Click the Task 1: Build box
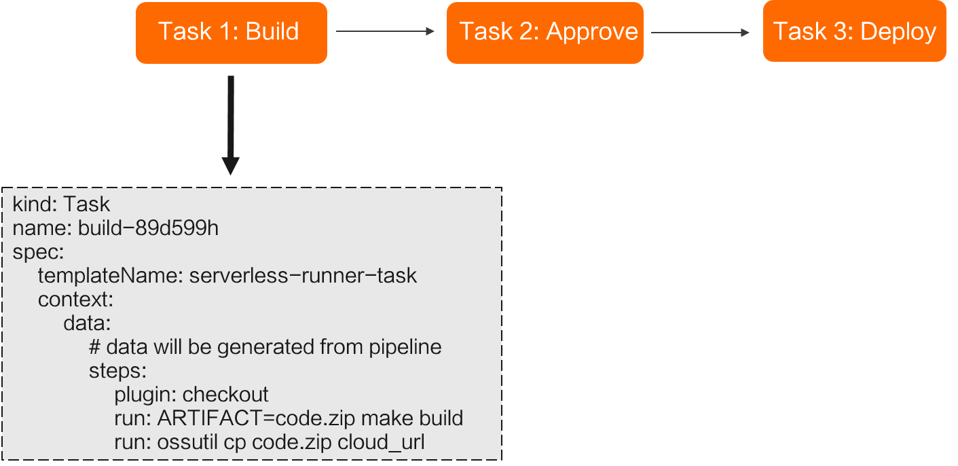tap(231, 33)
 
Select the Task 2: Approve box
tap(545, 33)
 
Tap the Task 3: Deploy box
tap(854, 33)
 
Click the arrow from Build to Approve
tap(384, 31)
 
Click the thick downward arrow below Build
tap(231, 126)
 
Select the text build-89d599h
tap(148, 228)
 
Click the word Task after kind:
tap(87, 204)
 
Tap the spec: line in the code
tap(38, 252)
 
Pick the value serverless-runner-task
tap(303, 276)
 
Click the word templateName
tap(110, 276)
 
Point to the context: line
tap(75, 300)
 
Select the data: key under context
tap(87, 323)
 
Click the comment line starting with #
tap(265, 347)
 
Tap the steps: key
tap(117, 371)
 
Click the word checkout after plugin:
tap(226, 395)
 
